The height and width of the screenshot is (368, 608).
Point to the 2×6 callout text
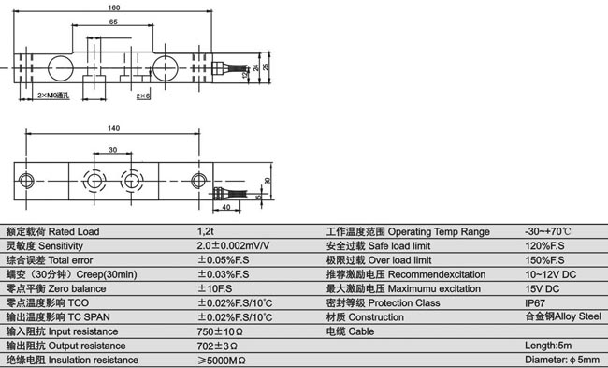(x=142, y=96)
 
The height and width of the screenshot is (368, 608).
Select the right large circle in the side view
(x=169, y=68)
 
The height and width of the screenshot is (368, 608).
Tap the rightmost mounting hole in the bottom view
(x=198, y=179)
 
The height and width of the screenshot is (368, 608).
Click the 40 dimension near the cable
(x=227, y=207)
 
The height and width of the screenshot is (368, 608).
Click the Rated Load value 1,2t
(x=206, y=231)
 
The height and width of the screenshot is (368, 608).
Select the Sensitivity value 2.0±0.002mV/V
(x=233, y=245)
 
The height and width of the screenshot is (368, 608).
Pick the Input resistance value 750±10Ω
(x=221, y=331)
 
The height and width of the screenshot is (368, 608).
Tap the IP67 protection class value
(x=535, y=303)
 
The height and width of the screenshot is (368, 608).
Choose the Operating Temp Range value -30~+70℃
(x=548, y=231)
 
